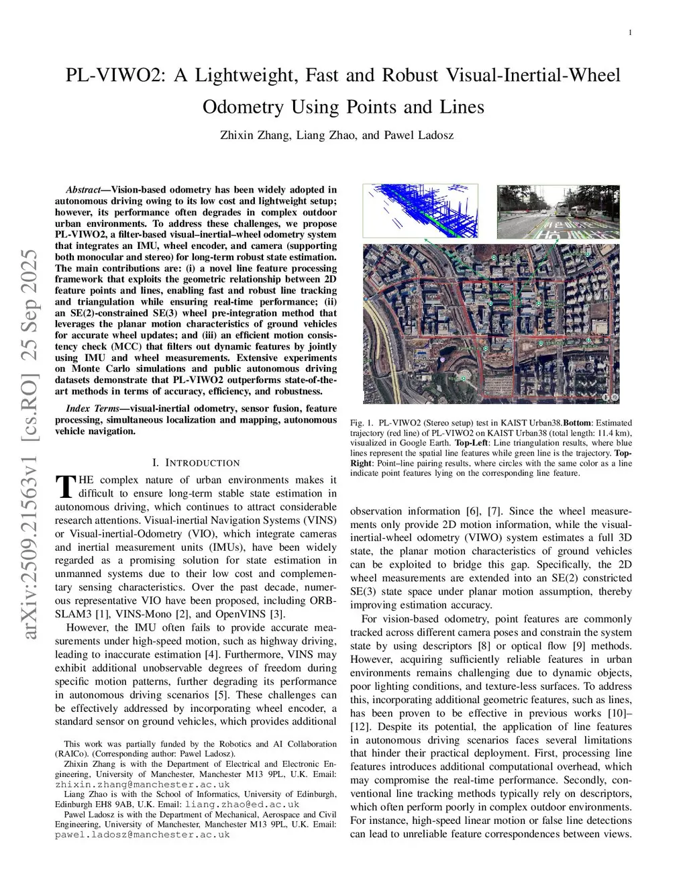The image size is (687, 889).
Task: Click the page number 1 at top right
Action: click(630, 33)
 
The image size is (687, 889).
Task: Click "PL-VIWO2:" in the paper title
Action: click(115, 75)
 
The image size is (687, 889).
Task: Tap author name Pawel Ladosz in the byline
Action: click(419, 136)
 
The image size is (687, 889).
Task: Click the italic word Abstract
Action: click(83, 190)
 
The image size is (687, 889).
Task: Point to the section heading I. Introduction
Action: click(195, 463)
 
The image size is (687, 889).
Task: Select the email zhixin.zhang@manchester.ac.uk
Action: click(142, 784)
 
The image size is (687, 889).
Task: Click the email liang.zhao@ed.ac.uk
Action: click(242, 804)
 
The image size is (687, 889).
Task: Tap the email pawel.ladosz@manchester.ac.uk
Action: click(142, 835)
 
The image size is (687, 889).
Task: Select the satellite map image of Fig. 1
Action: click(490, 324)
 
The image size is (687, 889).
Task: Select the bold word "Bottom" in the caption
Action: click(578, 423)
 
